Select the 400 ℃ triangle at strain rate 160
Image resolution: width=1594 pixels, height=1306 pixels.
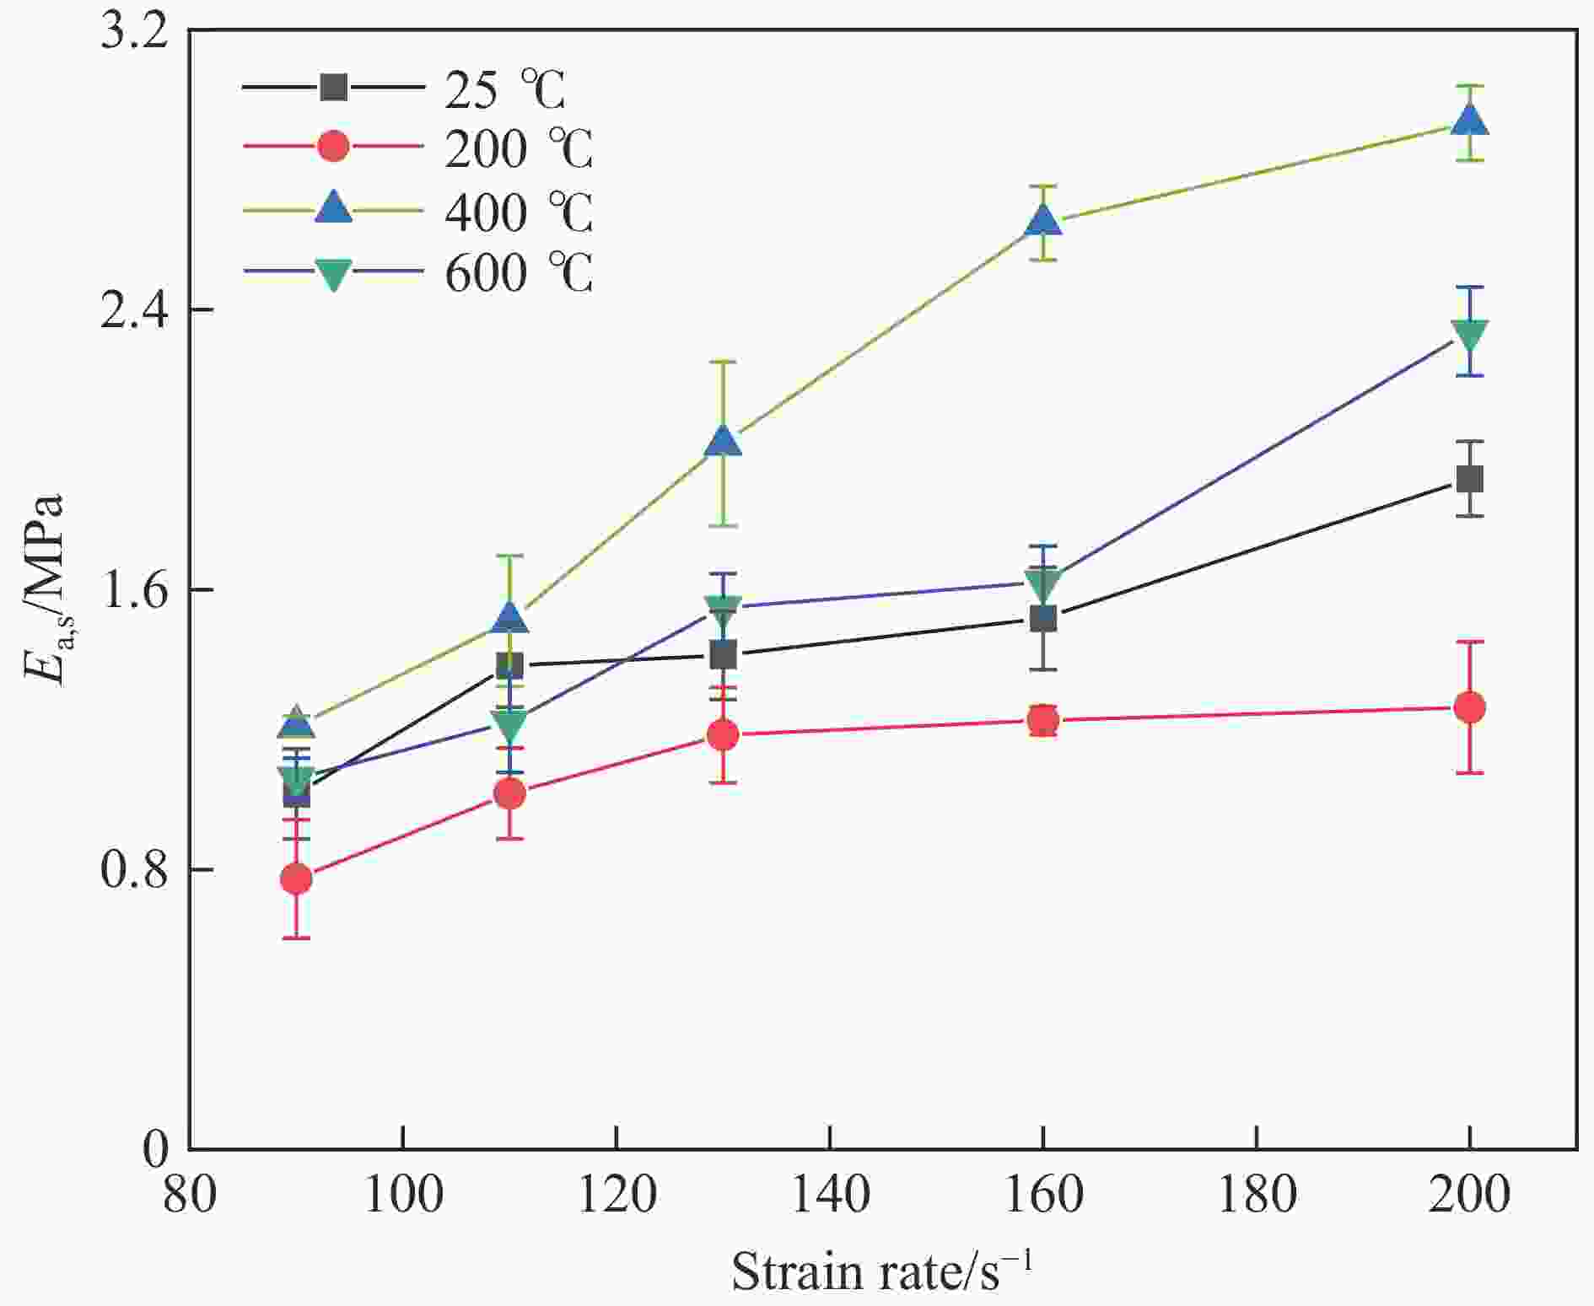click(x=1043, y=221)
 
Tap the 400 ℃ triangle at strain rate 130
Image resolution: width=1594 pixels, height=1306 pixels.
click(x=723, y=441)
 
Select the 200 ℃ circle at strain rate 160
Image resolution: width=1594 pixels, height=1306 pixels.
click(x=1043, y=720)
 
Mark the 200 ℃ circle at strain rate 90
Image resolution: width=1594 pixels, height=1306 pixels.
click(x=296, y=879)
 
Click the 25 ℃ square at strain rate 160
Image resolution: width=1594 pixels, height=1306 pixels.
click(x=1043, y=618)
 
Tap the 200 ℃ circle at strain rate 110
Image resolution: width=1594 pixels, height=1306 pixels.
click(x=509, y=793)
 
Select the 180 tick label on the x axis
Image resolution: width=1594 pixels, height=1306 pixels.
click(x=1257, y=1196)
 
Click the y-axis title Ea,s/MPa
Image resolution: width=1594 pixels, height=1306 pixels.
click(x=44, y=590)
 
